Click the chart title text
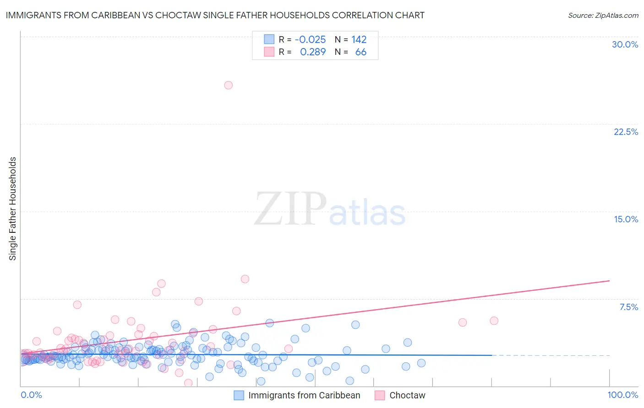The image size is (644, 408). (x=215, y=15)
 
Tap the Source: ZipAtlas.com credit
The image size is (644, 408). (x=603, y=15)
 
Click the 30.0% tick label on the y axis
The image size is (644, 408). (x=625, y=44)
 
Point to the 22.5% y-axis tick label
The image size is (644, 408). (x=626, y=132)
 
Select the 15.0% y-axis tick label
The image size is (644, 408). (x=626, y=219)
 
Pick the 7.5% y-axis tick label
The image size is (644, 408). (x=628, y=307)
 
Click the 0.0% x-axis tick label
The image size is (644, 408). (x=31, y=395)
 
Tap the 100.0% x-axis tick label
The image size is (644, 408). (x=622, y=395)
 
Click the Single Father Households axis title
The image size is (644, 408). (x=13, y=209)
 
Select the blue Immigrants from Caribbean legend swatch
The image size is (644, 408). (x=239, y=395)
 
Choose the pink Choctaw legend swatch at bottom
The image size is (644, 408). (x=380, y=395)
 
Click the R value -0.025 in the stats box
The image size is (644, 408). (x=310, y=39)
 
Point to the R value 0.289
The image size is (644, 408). (x=313, y=52)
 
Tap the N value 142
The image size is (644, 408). (x=359, y=39)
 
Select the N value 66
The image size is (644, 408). (x=360, y=52)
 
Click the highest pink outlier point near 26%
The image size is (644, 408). (x=228, y=85)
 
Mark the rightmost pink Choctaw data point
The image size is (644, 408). (x=494, y=321)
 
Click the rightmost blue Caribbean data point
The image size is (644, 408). (x=421, y=363)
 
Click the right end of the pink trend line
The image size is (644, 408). (x=609, y=280)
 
